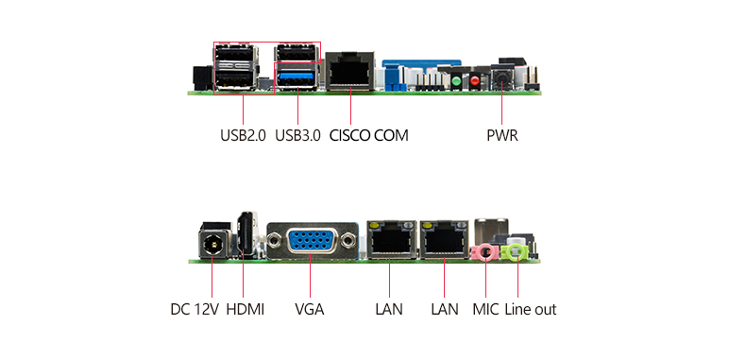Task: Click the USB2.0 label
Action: coord(243,136)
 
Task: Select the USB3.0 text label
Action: coord(297,136)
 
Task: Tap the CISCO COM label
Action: coord(369,136)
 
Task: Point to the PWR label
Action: coord(502,136)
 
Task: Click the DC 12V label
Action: coord(195,310)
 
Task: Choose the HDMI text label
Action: coord(245,310)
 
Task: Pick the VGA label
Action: coord(310,310)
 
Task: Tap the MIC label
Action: coord(485,310)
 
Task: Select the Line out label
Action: coord(531,310)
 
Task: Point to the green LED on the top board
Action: coord(456,81)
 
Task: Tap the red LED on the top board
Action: coord(475,81)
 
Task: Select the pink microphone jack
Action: coord(485,251)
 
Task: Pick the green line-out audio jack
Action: coord(517,251)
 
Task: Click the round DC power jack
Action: coord(212,245)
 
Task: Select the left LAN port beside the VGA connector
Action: coord(391,240)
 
